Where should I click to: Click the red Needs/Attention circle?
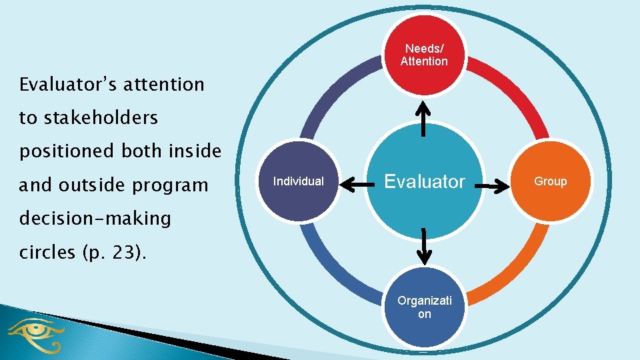pos(424,55)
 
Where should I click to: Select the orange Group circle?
pos(551,181)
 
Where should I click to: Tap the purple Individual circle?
pos(299,181)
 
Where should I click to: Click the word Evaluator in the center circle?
pos(424,181)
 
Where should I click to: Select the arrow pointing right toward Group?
pos(496,187)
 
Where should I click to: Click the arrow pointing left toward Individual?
pos(353,187)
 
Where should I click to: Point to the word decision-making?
pos(95,218)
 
